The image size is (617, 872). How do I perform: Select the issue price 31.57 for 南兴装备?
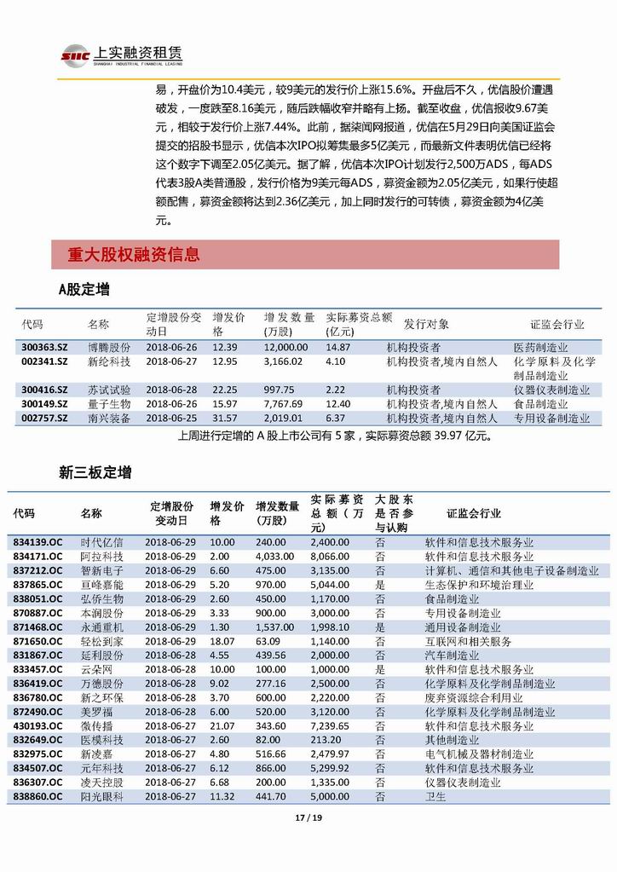point(224,419)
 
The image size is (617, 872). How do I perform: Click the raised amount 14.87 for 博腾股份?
point(337,348)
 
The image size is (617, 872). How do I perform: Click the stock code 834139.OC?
point(37,542)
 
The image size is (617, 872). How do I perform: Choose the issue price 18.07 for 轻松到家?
point(222,641)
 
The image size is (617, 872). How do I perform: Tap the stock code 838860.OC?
point(37,796)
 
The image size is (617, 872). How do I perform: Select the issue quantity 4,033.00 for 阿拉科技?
point(274,556)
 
